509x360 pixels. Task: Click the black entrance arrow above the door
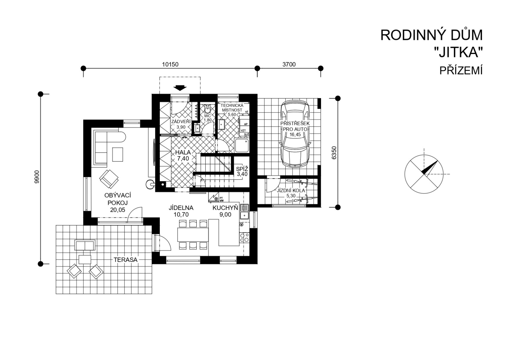pos(180,88)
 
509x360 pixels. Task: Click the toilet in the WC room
pos(207,109)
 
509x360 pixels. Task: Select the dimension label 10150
pos(170,64)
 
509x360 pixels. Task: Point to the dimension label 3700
pos(289,64)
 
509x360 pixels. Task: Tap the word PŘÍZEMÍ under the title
pos(461,70)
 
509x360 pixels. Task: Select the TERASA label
pos(126,260)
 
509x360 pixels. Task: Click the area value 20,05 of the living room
pos(118,210)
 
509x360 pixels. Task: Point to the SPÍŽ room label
pos(242,169)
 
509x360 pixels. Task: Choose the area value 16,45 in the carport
pos(295,134)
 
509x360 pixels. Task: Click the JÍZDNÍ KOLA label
pos(291,190)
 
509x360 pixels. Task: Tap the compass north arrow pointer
pos(429,168)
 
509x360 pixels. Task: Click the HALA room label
pos(183,152)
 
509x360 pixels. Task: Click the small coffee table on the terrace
pos(85,259)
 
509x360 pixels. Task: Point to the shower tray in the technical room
pos(242,145)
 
